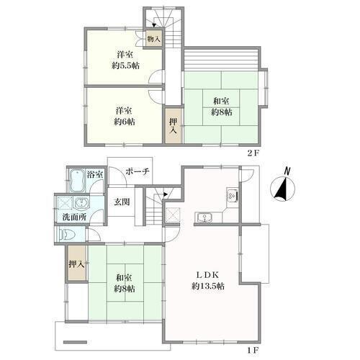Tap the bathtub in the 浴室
pyautogui.click(x=77, y=181)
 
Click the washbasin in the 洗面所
pyautogui.click(x=82, y=204)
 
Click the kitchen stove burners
pyautogui.click(x=233, y=195)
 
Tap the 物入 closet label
pyautogui.click(x=153, y=39)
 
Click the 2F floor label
pyautogui.click(x=253, y=153)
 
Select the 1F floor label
pyautogui.click(x=253, y=350)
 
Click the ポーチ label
pyautogui.click(x=138, y=171)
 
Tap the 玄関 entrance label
pyautogui.click(x=122, y=202)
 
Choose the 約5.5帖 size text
pyautogui.click(x=125, y=66)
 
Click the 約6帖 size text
pyautogui.click(x=125, y=122)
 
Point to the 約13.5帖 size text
pyautogui.click(x=208, y=286)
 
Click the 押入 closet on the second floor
pyautogui.click(x=174, y=125)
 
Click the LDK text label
pyautogui.click(x=207, y=275)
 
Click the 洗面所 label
pyautogui.click(x=74, y=217)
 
